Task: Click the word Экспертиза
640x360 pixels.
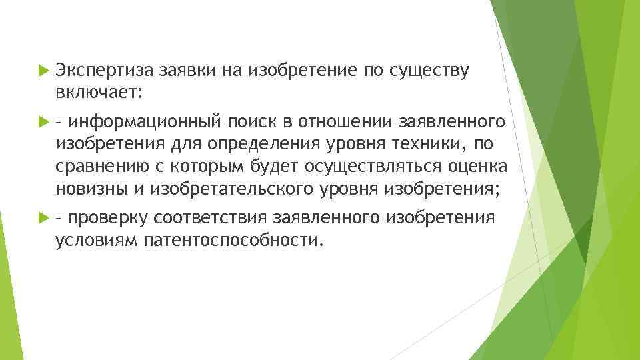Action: click(105, 69)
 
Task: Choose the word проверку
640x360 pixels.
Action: click(108, 218)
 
